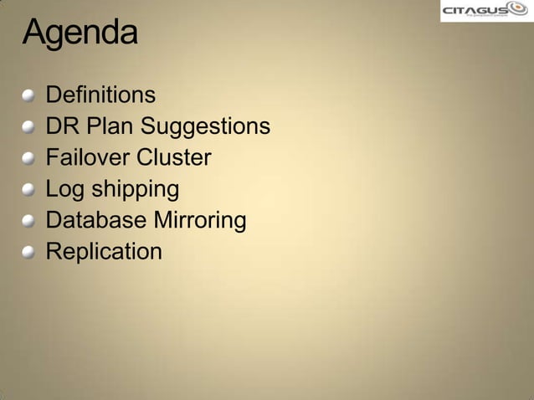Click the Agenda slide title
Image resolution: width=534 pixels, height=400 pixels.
80,33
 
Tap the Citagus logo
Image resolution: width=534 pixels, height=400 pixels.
486,11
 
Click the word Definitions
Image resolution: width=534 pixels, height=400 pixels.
100,94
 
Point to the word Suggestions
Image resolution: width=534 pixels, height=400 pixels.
205,127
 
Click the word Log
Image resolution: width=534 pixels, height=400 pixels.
64,190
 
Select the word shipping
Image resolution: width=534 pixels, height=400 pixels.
135,190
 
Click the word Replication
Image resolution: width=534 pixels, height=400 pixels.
104,252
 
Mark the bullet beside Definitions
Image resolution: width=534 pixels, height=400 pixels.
29,95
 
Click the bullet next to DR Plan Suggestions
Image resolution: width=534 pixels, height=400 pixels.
29,127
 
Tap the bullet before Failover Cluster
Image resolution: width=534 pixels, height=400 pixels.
29,159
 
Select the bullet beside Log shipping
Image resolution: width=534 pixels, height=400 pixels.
29,190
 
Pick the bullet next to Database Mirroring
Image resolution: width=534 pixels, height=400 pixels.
29,222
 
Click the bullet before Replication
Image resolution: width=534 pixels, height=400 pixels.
29,253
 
